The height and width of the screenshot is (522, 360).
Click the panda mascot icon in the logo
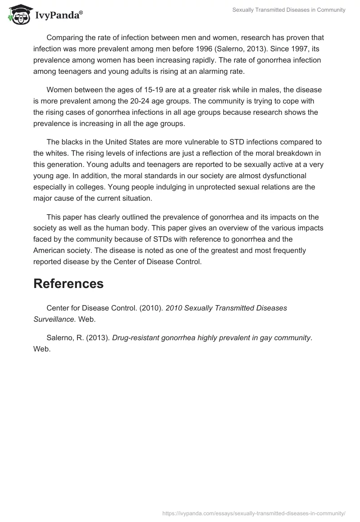coord(18,15)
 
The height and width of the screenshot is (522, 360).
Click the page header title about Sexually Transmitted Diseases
coord(289,10)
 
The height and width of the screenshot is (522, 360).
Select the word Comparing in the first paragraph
coord(63,37)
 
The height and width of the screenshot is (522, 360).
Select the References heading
coord(68,283)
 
